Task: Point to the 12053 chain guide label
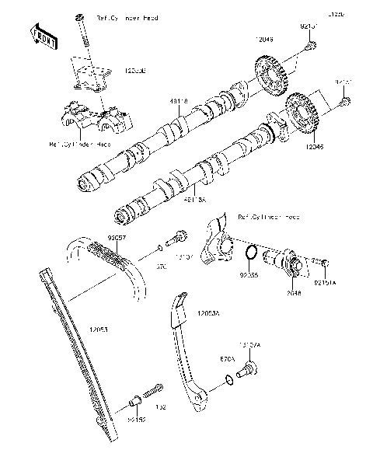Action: tap(98, 330)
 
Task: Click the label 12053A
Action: tap(208, 312)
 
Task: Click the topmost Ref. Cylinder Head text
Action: tap(127, 17)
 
